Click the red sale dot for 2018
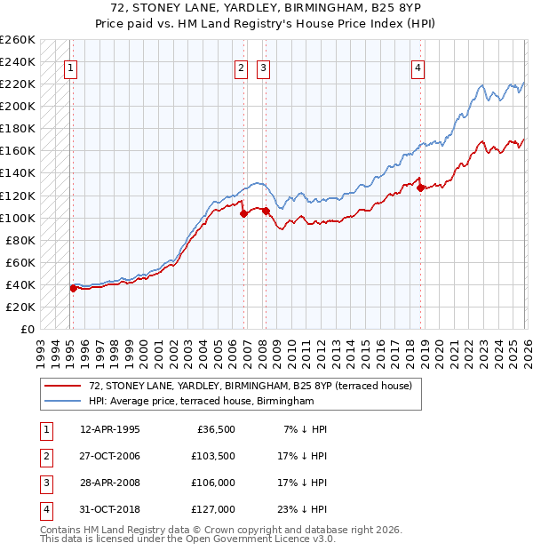click(x=421, y=188)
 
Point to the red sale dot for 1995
click(x=74, y=288)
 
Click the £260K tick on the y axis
click(x=18, y=40)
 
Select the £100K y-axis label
click(x=18, y=218)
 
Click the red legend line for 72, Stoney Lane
click(x=63, y=387)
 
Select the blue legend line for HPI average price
click(x=63, y=402)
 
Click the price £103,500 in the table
click(x=213, y=456)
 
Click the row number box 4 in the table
click(x=45, y=509)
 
